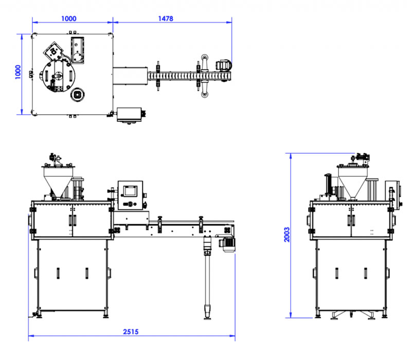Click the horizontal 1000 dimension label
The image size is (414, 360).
click(68, 19)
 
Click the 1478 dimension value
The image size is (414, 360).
click(166, 19)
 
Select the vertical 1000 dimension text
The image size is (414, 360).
click(17, 72)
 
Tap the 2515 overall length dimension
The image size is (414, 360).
click(131, 332)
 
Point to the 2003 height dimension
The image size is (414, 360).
click(287, 235)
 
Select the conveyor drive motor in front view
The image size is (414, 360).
click(227, 244)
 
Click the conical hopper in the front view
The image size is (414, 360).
click(58, 182)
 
